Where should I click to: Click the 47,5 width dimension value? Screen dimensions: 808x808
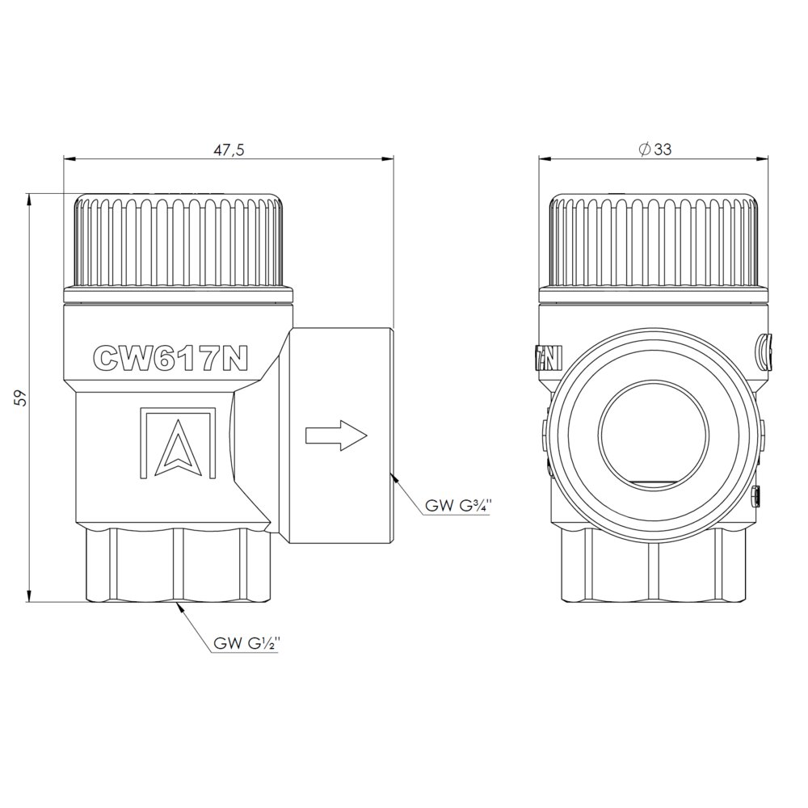coord(229,149)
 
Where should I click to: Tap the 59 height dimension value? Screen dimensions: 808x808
coord(20,398)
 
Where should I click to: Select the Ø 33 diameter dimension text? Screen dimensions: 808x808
coord(655,149)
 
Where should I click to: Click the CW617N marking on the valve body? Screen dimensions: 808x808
coord(170,357)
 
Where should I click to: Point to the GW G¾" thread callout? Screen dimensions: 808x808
coord(455,506)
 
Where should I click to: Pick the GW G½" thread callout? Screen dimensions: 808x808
coord(246,644)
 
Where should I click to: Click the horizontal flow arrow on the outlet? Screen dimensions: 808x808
coord(336,435)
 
